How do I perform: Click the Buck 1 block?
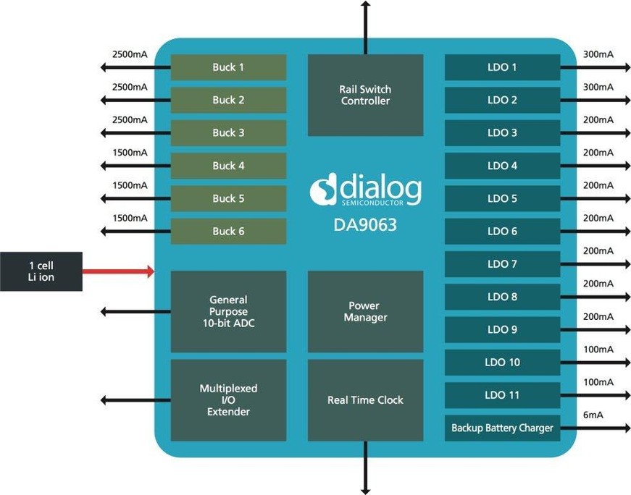pos(228,67)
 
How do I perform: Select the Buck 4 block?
pos(228,166)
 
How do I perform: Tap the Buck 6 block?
pos(228,232)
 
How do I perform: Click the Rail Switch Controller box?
pos(365,95)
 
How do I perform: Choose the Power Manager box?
pos(365,312)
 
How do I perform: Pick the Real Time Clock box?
pos(365,400)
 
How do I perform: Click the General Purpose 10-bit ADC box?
pos(228,312)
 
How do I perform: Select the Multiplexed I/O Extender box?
pos(228,400)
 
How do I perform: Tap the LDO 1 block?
pos(502,67)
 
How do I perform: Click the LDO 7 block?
pos(502,264)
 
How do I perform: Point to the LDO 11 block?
pos(502,395)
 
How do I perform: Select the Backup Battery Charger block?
pos(502,428)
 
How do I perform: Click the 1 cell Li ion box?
pos(41,271)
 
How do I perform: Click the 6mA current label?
pos(593,415)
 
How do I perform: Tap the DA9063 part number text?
pos(365,224)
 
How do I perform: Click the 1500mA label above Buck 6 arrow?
pos(130,218)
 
